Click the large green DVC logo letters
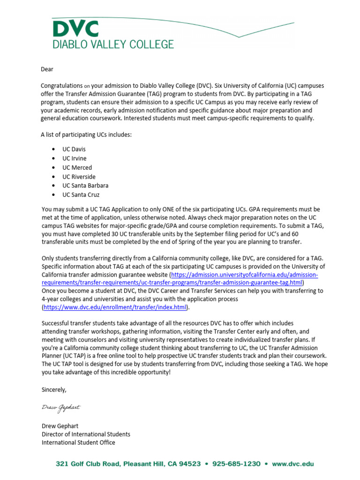pyautogui.click(x=75, y=30)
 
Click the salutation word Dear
pyautogui.click(x=47, y=69)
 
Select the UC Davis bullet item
pyautogui.click(x=74, y=149)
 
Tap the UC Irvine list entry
pyautogui.click(x=75, y=158)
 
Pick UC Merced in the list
pyautogui.click(x=77, y=167)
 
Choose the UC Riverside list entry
pyautogui.click(x=79, y=177)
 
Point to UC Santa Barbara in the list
pyautogui.click(x=85, y=186)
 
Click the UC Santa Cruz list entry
pyautogui.click(x=81, y=195)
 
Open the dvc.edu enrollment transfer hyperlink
pyautogui.click(x=115, y=307)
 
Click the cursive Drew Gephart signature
pyautogui.click(x=61, y=407)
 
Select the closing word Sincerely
pyautogui.click(x=54, y=390)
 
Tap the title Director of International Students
pyautogui.click(x=86, y=434)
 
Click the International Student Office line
pyautogui.click(x=78, y=442)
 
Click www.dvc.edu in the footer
pyautogui.click(x=293, y=464)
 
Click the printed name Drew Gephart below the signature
pyautogui.click(x=60, y=426)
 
